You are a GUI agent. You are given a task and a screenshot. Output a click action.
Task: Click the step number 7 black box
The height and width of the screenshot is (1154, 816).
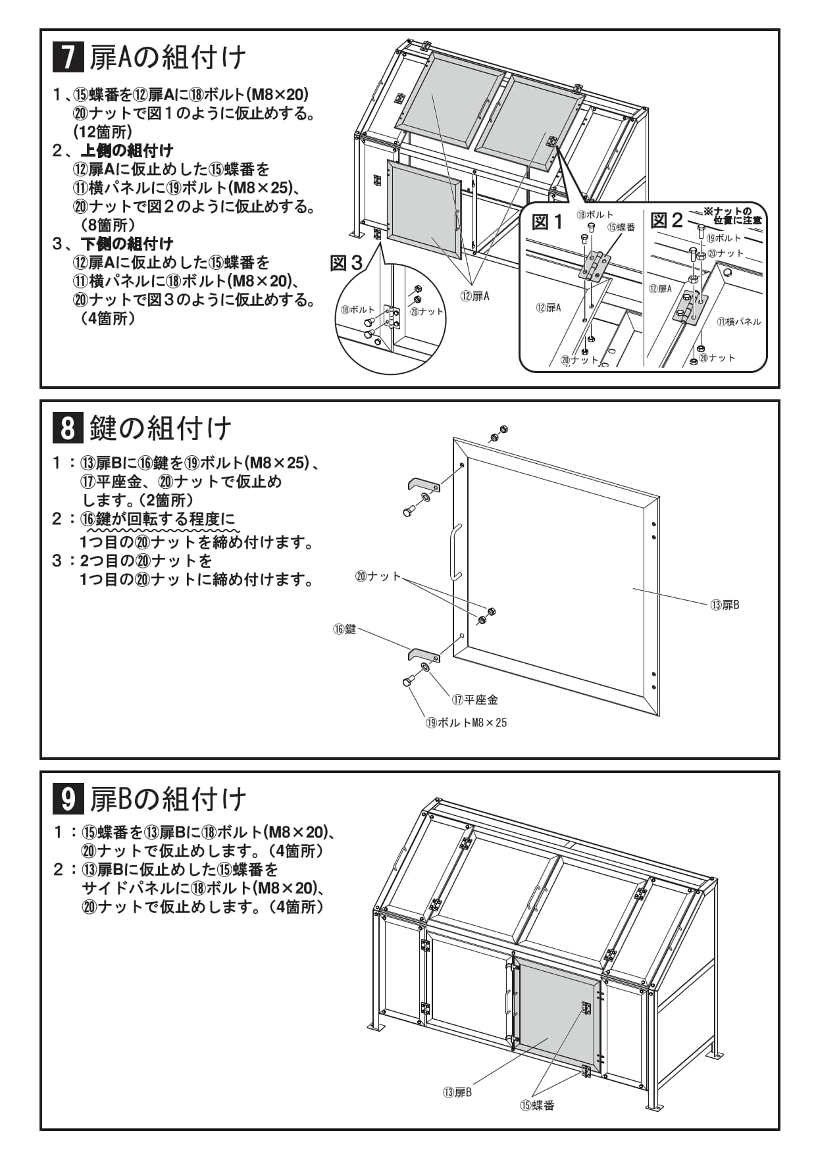click(68, 57)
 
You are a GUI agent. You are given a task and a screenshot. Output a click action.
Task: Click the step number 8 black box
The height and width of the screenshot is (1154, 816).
click(68, 428)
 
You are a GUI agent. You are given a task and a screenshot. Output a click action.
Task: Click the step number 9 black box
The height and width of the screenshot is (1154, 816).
click(68, 799)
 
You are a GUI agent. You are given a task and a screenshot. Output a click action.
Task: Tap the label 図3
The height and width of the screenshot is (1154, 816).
click(346, 264)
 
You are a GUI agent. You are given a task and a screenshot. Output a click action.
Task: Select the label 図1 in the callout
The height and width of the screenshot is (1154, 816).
click(548, 222)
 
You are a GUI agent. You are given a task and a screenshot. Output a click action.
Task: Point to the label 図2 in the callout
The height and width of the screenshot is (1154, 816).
click(667, 220)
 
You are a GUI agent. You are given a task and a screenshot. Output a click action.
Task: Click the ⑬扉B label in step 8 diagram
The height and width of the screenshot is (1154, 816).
click(725, 605)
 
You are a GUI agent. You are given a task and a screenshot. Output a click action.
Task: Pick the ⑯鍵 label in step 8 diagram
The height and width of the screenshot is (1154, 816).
click(344, 629)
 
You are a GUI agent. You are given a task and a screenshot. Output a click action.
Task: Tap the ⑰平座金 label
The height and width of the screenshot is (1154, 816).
click(474, 699)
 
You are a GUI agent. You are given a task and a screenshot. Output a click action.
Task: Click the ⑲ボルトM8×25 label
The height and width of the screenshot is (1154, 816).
click(466, 722)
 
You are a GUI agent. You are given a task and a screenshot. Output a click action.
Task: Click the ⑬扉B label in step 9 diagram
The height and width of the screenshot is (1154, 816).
click(457, 1092)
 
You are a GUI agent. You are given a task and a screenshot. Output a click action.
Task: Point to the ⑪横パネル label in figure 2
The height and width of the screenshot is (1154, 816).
click(739, 322)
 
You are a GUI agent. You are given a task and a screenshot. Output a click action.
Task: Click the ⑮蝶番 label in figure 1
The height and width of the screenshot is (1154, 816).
click(621, 228)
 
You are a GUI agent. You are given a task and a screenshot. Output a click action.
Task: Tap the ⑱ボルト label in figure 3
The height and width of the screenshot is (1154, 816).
click(357, 310)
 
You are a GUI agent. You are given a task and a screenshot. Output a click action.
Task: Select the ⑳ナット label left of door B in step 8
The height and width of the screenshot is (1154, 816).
click(378, 576)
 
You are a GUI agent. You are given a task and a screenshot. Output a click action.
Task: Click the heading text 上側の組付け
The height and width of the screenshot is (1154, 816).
click(127, 151)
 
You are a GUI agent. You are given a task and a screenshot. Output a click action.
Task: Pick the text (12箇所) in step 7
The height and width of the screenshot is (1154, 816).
click(103, 132)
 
